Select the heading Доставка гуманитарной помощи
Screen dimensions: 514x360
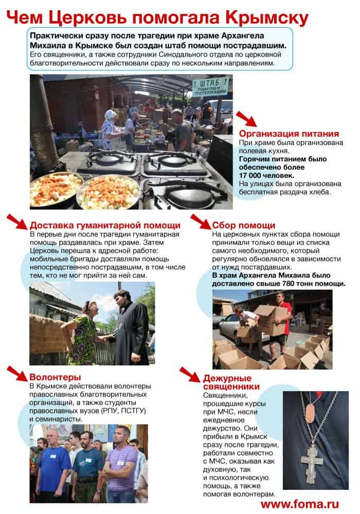tap(105, 225)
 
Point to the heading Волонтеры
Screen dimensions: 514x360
tap(55, 377)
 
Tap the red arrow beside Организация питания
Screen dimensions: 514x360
tap(246, 119)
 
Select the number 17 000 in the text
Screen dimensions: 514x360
tap(256, 176)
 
